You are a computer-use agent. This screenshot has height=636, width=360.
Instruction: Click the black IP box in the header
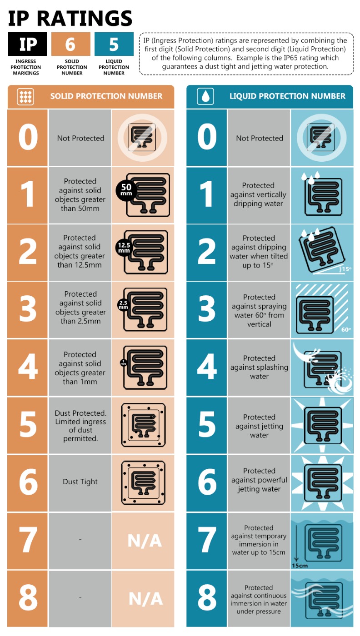pyautogui.click(x=27, y=44)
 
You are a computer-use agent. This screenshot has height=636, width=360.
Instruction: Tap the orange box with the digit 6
pyautogui.click(x=71, y=44)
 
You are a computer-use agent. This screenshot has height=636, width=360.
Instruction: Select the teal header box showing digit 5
pyautogui.click(x=114, y=44)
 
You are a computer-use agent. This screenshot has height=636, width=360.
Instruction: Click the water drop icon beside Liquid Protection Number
pyautogui.click(x=206, y=96)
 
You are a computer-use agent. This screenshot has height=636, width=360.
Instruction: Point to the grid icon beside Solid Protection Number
pyautogui.click(x=25, y=96)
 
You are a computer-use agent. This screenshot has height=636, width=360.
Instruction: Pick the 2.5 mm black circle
pyautogui.click(x=123, y=304)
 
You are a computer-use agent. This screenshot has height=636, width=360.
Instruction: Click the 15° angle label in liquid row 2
pyautogui.click(x=346, y=269)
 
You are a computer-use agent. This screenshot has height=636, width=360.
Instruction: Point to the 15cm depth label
pyautogui.click(x=300, y=566)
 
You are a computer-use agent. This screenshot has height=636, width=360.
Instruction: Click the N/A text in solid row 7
pyautogui.click(x=145, y=541)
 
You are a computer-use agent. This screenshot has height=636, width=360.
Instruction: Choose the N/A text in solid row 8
pyautogui.click(x=145, y=599)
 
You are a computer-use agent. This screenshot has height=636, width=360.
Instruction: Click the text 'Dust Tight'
pyautogui.click(x=80, y=482)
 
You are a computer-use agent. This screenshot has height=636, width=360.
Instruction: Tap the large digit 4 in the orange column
pyautogui.click(x=28, y=368)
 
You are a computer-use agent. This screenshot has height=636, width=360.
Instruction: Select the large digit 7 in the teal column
pyautogui.click(x=207, y=541)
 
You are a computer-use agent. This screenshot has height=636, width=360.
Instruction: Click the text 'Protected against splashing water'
pyautogui.click(x=259, y=367)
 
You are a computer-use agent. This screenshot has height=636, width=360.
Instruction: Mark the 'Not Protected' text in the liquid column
pyautogui.click(x=259, y=138)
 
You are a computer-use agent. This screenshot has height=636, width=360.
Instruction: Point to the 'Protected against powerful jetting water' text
pyautogui.click(x=259, y=480)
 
